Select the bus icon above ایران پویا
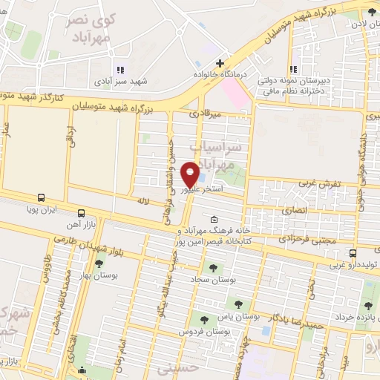pos(42,198)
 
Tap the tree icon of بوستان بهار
pos(99,263)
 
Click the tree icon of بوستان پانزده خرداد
pos(368,306)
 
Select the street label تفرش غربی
pos(319,182)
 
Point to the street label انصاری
pos(293,211)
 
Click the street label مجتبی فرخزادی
pos(307,239)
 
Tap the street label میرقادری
pos(206,115)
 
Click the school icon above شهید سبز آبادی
pos(120,70)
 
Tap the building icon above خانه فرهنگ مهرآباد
pos(214,219)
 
